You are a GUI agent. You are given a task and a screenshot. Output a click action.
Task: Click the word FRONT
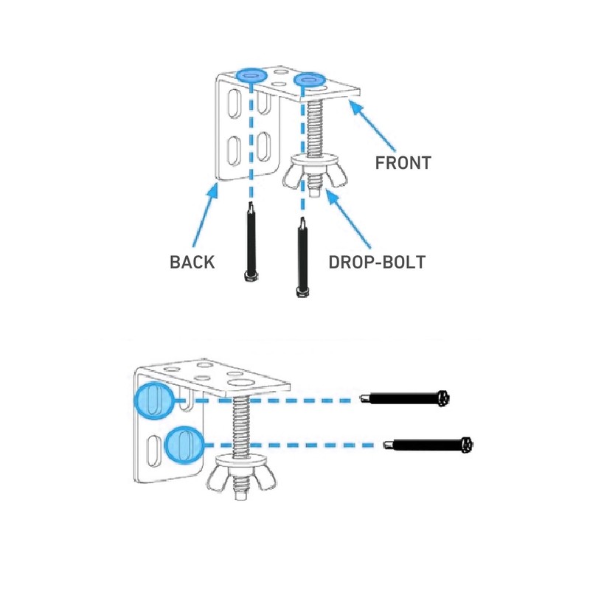(403, 163)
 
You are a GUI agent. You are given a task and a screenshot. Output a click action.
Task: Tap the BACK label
(192, 263)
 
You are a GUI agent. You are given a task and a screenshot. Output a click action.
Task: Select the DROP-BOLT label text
(377, 263)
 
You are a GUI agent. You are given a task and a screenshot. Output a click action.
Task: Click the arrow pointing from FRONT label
(372, 125)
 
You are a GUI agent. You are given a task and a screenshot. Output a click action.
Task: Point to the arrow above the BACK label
(206, 215)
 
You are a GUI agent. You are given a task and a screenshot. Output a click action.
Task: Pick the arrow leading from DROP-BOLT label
(349, 218)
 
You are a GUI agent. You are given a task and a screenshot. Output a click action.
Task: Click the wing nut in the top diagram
(315, 174)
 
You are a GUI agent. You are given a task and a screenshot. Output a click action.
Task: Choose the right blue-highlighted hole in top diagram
(309, 80)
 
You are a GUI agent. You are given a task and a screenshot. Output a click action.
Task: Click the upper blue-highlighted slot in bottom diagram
(154, 400)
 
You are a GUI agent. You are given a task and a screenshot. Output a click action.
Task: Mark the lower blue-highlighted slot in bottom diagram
(184, 445)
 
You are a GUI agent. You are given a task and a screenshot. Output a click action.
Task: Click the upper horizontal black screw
(405, 398)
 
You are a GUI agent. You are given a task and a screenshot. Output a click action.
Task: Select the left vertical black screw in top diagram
(251, 242)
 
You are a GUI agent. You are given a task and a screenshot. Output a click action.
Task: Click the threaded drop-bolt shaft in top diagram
(316, 128)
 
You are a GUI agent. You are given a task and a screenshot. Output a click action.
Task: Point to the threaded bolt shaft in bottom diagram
(241, 426)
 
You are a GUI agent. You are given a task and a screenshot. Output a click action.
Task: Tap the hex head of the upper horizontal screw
(443, 398)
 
